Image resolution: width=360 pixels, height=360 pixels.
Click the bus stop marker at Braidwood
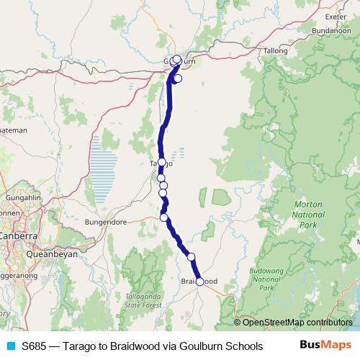[x=200, y=282]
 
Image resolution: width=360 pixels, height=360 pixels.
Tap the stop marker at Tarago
[x=162, y=162]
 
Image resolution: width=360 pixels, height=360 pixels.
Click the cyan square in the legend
[x=9, y=346]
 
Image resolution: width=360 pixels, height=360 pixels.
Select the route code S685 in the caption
[x=37, y=346]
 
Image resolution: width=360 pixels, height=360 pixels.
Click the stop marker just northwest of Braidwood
[x=192, y=256]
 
